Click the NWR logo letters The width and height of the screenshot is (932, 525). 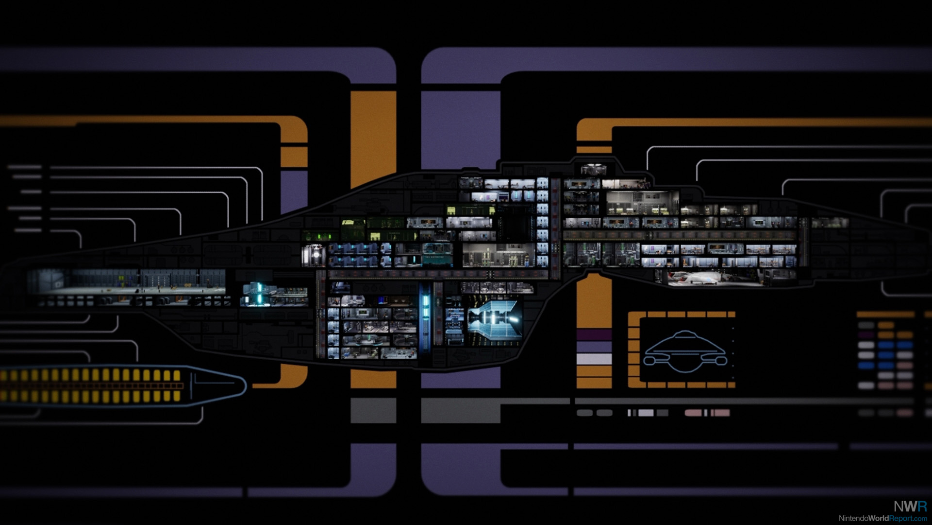coord(910,506)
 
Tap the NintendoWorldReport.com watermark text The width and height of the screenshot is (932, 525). coord(882,519)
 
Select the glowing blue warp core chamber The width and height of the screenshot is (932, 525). coord(494,318)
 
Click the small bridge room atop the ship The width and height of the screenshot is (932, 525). coord(593,170)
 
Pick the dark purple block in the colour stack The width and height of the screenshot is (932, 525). coord(594,335)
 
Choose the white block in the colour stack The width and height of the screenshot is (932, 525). coord(594,359)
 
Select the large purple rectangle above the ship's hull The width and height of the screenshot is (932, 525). coord(460,129)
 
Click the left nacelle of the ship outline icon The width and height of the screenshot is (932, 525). coord(650,361)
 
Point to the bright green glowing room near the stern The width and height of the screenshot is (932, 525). coord(318,237)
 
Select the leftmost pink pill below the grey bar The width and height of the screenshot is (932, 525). coord(693,413)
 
